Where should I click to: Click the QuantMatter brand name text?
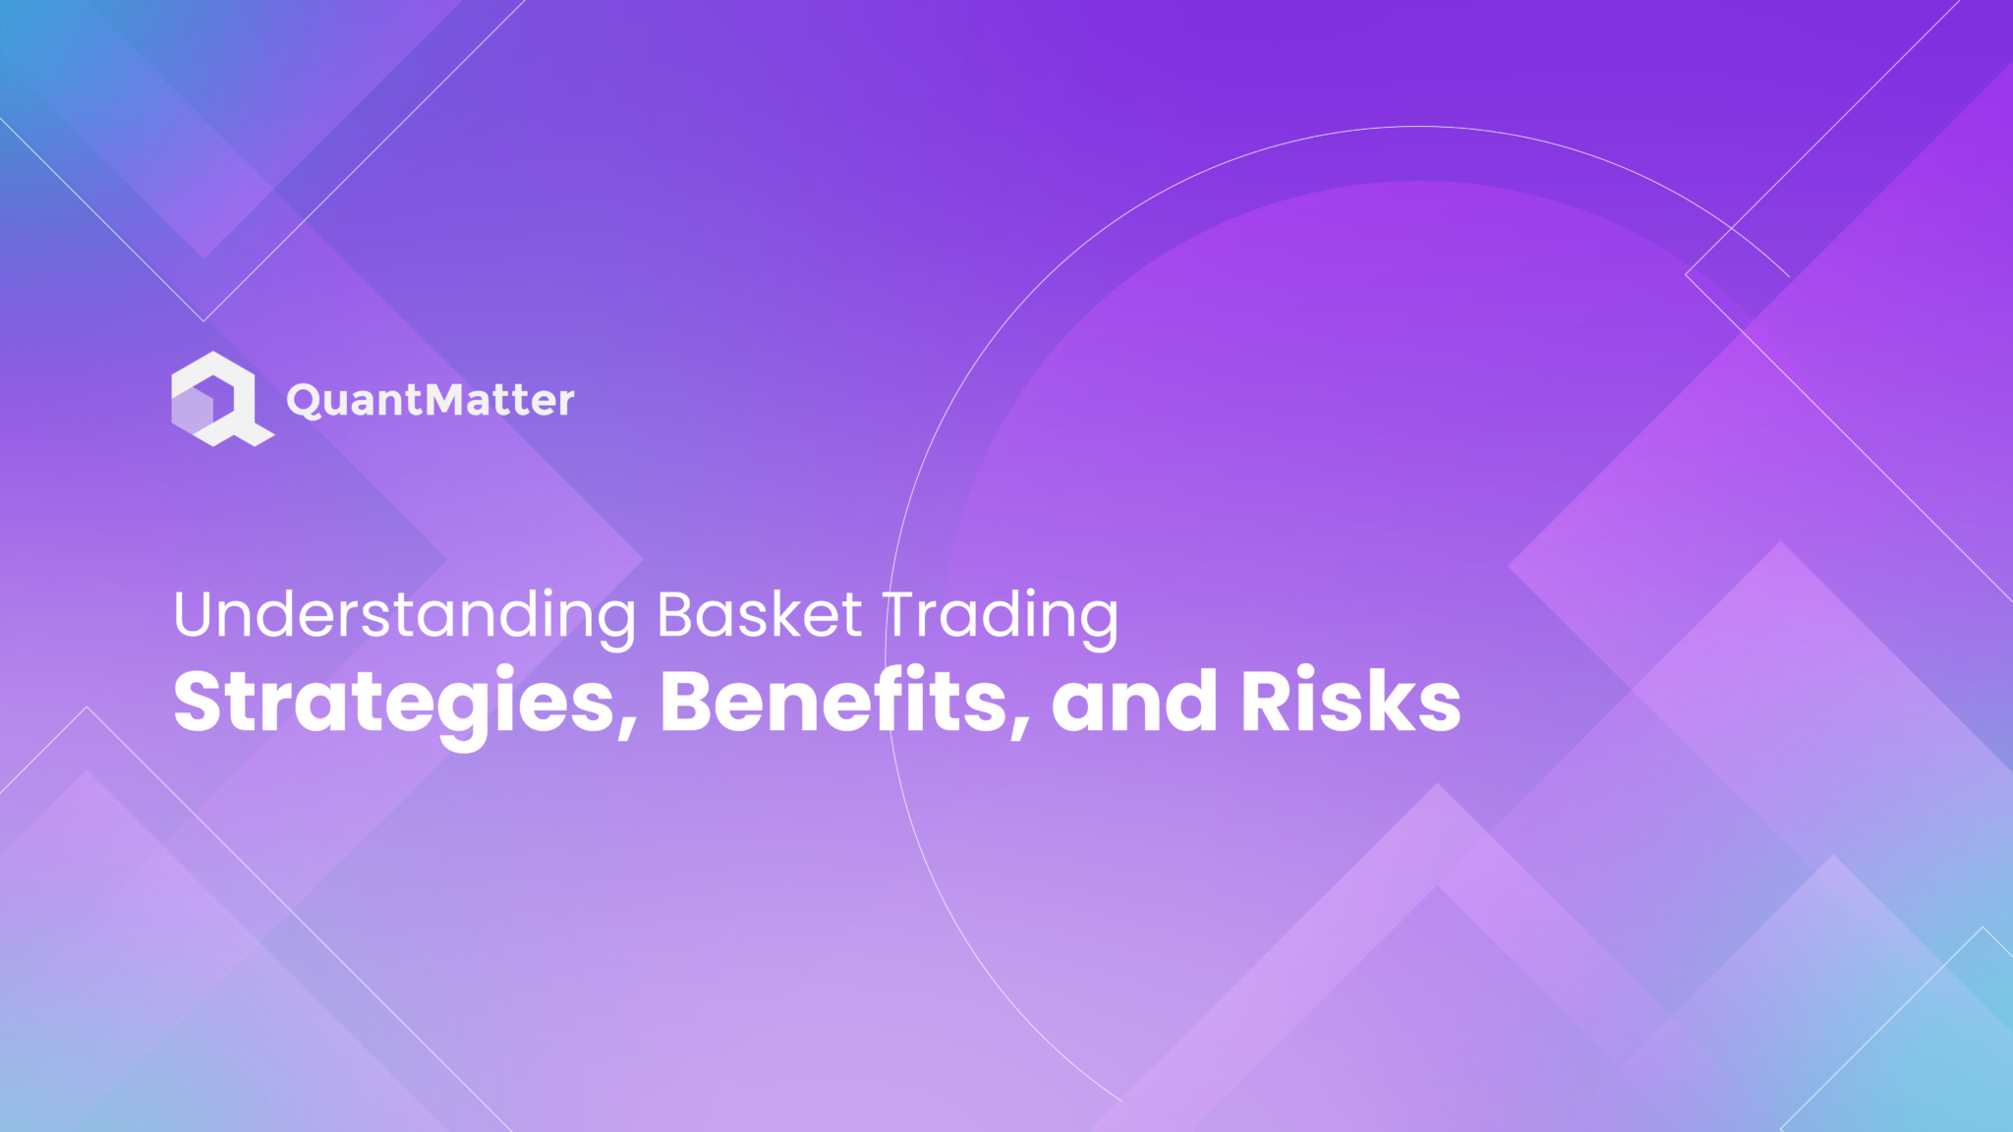[430, 400]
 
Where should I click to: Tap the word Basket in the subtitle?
[759, 615]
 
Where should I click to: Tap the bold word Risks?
[1351, 702]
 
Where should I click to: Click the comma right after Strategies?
[627, 727]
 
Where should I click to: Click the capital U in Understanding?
[196, 615]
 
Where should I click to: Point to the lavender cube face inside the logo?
[195, 409]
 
